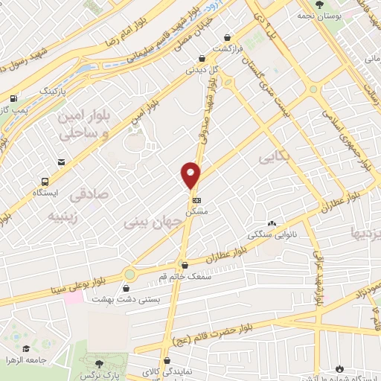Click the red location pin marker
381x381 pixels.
tap(191, 175)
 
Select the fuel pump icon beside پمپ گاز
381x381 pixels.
tap(13, 98)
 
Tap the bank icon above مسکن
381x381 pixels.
tap(196, 200)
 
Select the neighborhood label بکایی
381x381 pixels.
tap(272, 158)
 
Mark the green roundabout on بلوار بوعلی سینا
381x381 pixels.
tap(131, 274)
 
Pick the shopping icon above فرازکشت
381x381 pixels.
tap(227, 37)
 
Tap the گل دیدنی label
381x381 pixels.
tap(202, 68)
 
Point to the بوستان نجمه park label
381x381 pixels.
tap(321, 15)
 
